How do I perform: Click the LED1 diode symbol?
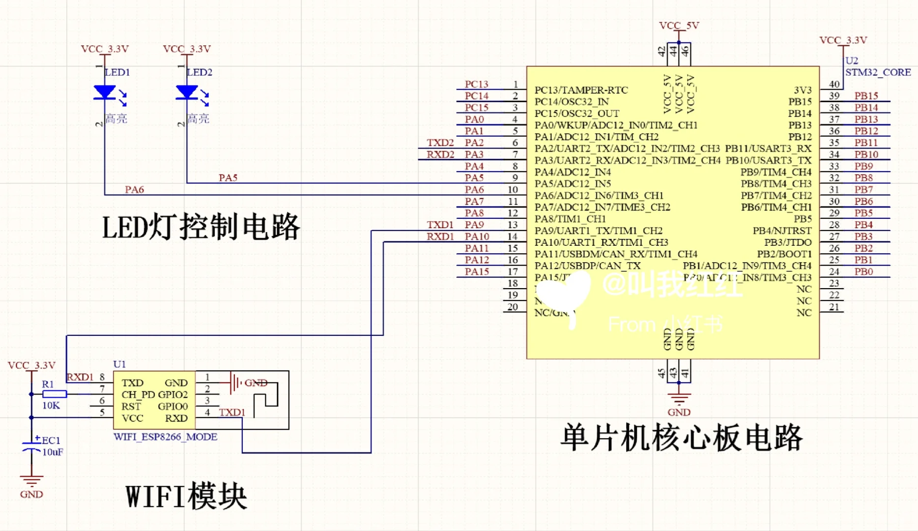click(x=105, y=92)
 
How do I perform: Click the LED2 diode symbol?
click(x=187, y=92)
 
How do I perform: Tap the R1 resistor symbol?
click(x=55, y=394)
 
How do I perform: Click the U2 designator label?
click(x=852, y=60)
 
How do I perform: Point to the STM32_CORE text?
click(x=878, y=72)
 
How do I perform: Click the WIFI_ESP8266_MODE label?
click(x=165, y=437)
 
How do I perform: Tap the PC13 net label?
click(x=476, y=84)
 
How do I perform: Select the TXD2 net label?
click(x=440, y=143)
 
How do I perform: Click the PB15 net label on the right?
click(x=866, y=95)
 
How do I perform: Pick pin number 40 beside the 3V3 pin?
click(x=834, y=84)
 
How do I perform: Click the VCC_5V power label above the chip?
click(x=679, y=25)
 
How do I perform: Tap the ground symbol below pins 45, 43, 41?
click(x=679, y=398)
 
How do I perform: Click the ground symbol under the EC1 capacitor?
click(x=31, y=480)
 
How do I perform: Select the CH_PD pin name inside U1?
click(x=138, y=395)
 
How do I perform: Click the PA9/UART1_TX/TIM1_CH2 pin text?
click(x=598, y=231)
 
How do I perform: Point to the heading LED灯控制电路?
click(x=201, y=227)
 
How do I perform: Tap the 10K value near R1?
click(x=51, y=406)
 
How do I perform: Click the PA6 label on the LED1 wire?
click(x=134, y=189)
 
